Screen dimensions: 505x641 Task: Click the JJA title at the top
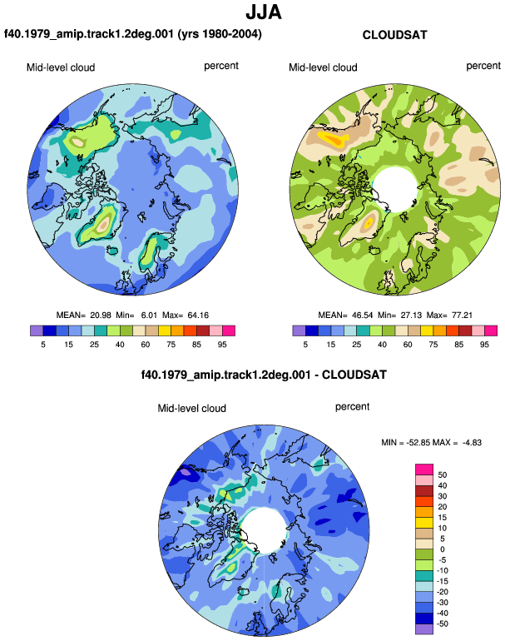[x=264, y=12]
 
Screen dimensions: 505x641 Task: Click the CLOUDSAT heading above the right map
[x=394, y=35]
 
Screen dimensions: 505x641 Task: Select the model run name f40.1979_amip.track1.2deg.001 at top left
[x=89, y=33]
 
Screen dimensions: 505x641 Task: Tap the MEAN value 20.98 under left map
[x=101, y=316]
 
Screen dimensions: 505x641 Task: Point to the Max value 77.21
[x=462, y=316]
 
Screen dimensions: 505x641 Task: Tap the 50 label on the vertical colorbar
[x=443, y=475]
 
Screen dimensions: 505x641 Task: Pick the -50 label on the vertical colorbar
[x=441, y=624]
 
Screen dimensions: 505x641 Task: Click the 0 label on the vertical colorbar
[x=443, y=549]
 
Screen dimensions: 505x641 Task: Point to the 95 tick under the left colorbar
[x=222, y=345]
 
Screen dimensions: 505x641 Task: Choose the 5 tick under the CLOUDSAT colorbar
[x=305, y=345]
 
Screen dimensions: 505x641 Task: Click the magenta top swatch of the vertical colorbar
[x=424, y=470]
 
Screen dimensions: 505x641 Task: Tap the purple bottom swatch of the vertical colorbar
[x=424, y=629]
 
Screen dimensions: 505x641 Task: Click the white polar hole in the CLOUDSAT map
[x=394, y=189]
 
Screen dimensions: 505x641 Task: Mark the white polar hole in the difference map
[x=264, y=529]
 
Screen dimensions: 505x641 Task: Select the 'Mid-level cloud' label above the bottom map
[x=191, y=409]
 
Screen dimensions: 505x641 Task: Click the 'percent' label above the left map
[x=221, y=67]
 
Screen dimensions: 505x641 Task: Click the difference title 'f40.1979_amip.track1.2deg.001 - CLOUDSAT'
[x=264, y=375]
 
